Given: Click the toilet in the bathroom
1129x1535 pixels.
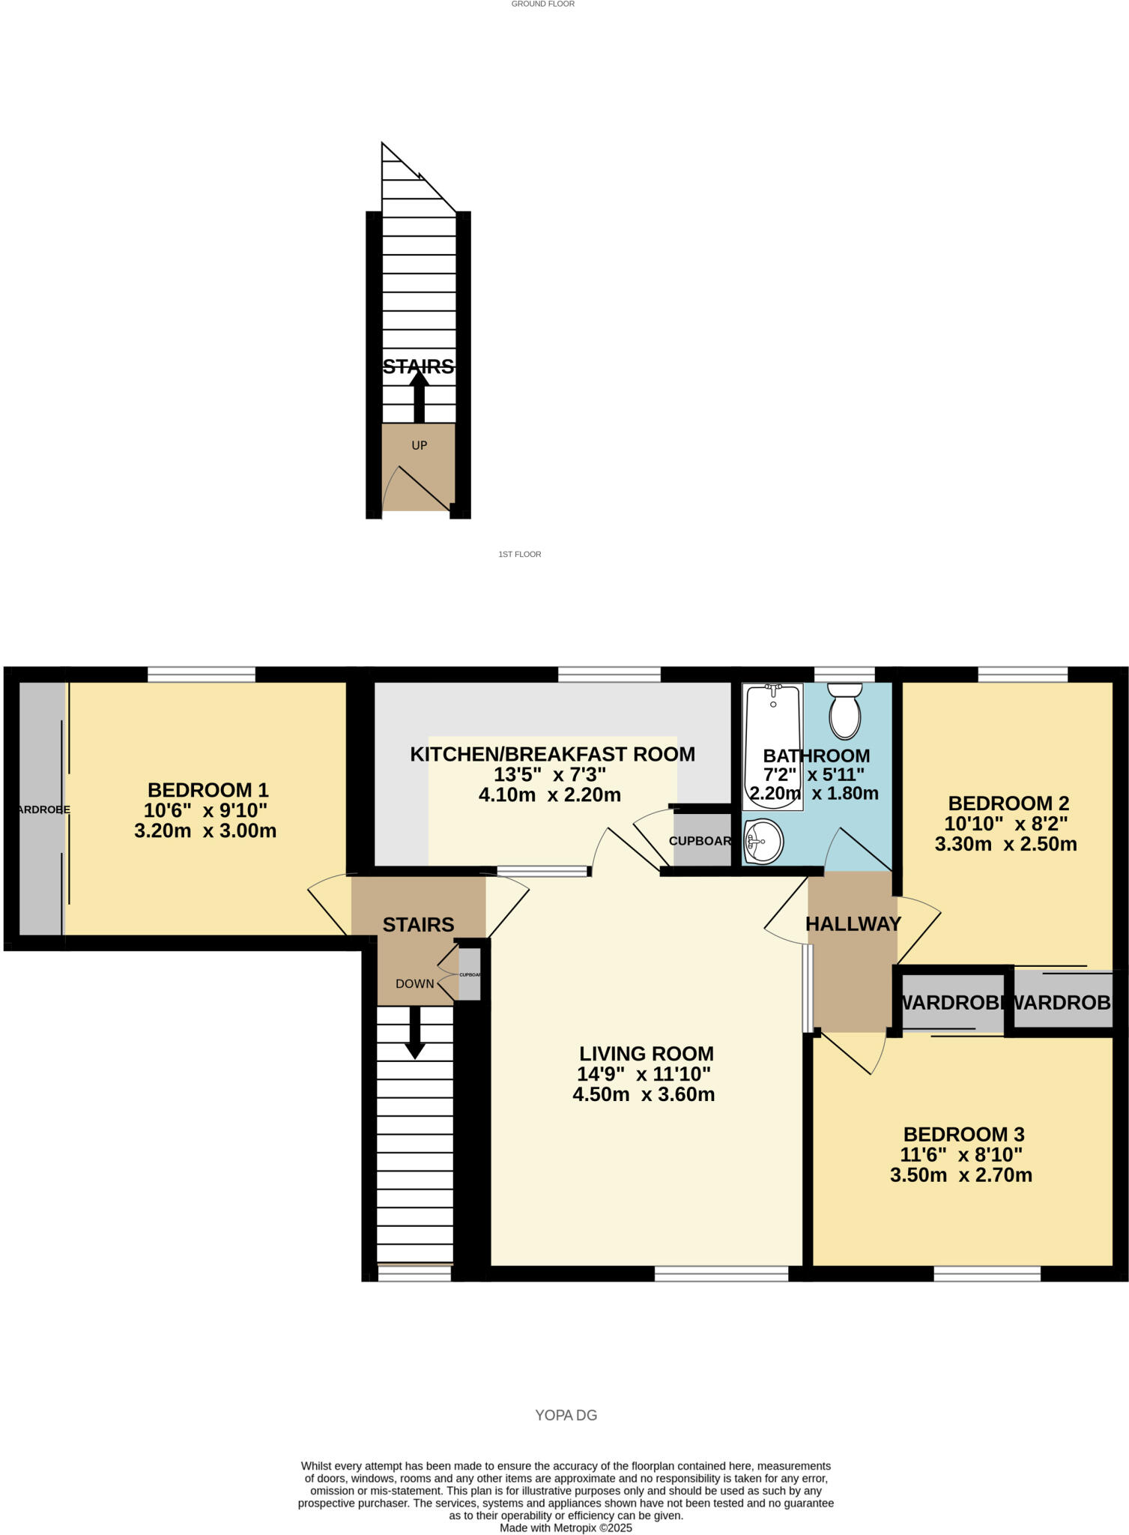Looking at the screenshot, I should (x=844, y=712).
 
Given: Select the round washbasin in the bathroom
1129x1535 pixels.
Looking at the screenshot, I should (x=763, y=841).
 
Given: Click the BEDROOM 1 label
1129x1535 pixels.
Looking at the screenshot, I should (x=208, y=790).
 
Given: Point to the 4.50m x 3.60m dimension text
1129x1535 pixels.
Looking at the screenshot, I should (x=644, y=1094).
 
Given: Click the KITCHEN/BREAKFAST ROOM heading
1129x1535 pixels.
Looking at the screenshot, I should (x=552, y=754).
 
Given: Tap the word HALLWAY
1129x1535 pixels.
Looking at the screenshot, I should (x=853, y=923).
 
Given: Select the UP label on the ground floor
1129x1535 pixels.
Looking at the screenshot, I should (x=419, y=445).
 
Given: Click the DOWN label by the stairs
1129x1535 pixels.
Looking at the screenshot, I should (x=414, y=983).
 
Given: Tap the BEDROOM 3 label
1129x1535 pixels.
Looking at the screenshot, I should (x=963, y=1134).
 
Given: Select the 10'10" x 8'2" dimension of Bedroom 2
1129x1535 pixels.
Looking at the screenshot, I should (x=1005, y=824).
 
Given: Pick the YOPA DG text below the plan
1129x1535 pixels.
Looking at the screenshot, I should (x=566, y=1415).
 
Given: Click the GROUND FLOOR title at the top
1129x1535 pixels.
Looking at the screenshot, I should (x=542, y=4).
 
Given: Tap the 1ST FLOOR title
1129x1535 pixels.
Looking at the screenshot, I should (x=519, y=554).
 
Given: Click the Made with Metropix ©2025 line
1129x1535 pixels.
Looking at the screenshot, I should (x=566, y=1528).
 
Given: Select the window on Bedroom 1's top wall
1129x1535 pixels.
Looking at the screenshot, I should (x=202, y=675).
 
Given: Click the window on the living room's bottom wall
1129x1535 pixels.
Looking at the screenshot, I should (x=721, y=1273).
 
